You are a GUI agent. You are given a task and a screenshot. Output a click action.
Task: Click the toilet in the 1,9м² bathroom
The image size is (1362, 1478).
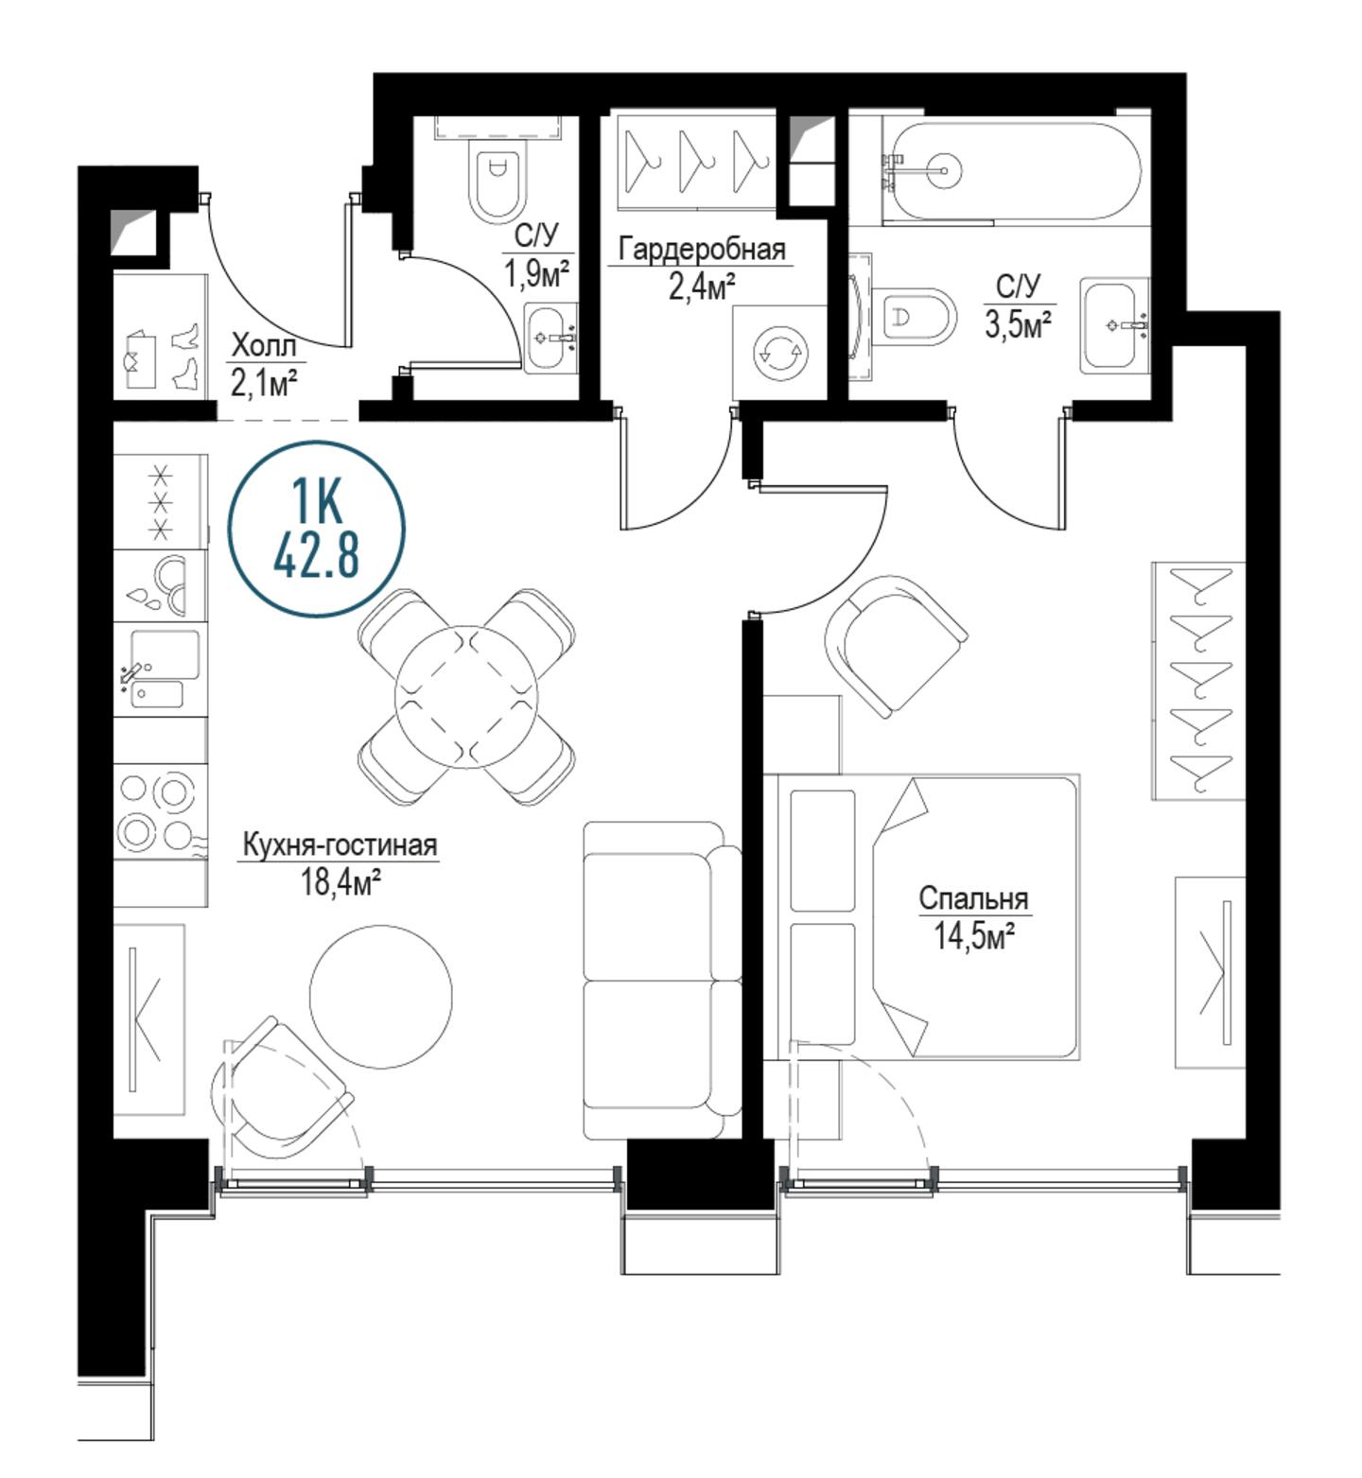(x=498, y=181)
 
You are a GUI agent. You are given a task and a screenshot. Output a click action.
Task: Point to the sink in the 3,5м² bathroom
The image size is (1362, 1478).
(x=1113, y=323)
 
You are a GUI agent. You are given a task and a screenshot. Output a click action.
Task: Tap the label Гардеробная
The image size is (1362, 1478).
(x=702, y=250)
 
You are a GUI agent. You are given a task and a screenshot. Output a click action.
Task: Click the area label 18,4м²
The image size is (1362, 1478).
(x=340, y=882)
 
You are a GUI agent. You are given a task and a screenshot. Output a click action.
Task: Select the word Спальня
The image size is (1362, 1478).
(x=973, y=897)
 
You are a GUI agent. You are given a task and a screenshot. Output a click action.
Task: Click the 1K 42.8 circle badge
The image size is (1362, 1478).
(x=317, y=530)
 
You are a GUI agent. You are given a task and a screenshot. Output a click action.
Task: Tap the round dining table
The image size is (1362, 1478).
(x=466, y=696)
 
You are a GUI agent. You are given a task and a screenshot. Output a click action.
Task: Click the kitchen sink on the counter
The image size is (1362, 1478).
(x=161, y=669)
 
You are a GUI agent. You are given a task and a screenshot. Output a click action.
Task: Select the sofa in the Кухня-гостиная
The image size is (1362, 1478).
(x=662, y=980)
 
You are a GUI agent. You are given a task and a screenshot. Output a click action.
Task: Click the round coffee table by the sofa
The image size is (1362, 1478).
(x=381, y=996)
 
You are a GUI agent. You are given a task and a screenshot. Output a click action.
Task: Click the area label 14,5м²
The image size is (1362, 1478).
(x=974, y=936)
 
